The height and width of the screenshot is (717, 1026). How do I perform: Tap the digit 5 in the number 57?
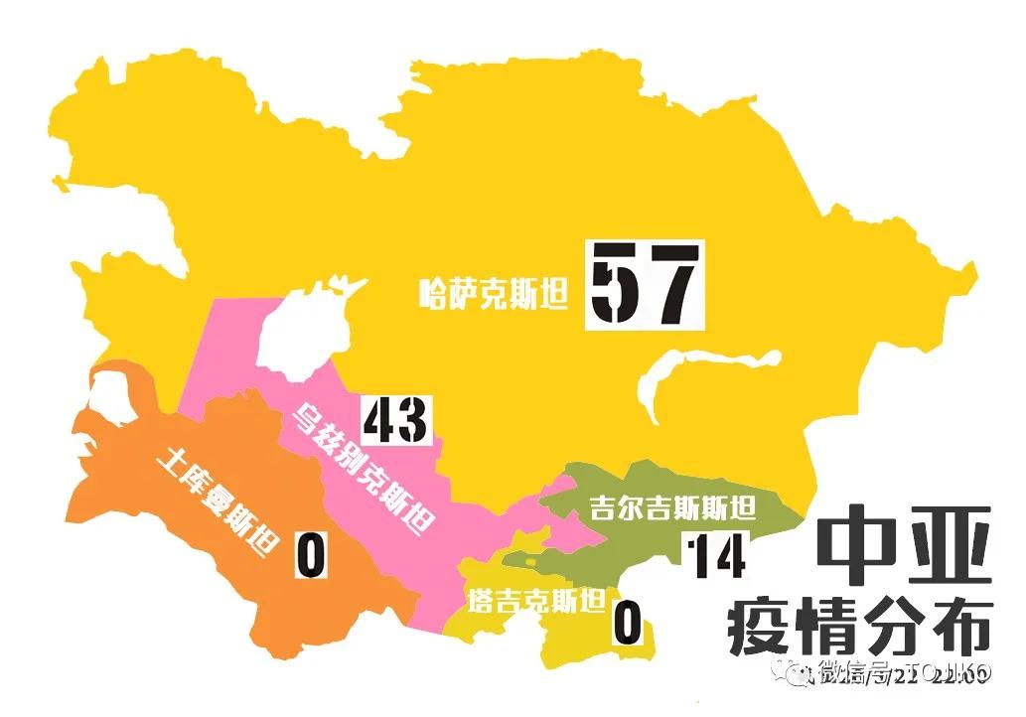pos(615,285)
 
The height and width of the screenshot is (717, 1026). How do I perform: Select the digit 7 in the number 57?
pos(671,285)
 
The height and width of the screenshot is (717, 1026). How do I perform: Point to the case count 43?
pos(394,420)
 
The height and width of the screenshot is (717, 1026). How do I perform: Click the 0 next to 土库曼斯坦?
pos(311,555)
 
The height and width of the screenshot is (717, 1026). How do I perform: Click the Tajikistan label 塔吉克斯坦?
pos(536,602)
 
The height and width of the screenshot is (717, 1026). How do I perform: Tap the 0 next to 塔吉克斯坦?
pos(627,624)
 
